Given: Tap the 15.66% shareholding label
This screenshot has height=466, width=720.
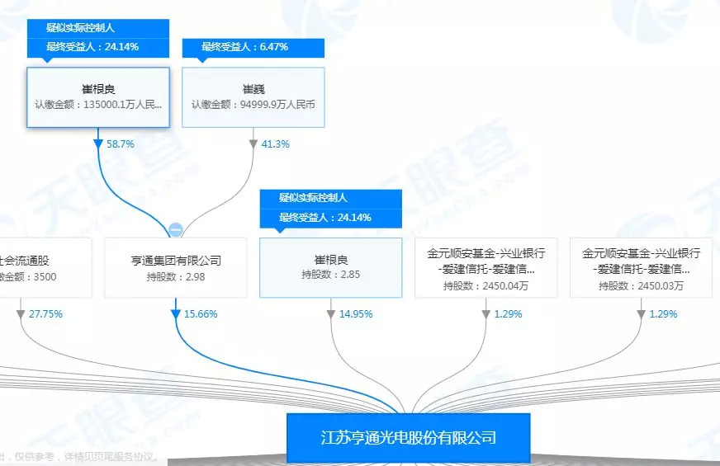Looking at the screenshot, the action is pos(201,314).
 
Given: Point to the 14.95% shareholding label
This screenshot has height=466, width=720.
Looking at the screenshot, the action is pos(356,314).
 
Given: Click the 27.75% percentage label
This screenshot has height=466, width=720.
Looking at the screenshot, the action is pos(45,314).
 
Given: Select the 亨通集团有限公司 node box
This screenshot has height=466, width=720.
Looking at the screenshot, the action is pos(176,268).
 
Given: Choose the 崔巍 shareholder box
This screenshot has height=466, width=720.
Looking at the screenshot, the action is pos(253,97).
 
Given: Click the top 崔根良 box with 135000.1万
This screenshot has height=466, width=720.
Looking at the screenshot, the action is pos(98,97).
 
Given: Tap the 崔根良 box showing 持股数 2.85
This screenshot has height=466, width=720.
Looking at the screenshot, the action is pos(331,268).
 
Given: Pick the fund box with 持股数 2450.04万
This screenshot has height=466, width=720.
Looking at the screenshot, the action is pos(486,268).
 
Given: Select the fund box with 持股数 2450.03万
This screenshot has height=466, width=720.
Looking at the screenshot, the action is pos(641,268).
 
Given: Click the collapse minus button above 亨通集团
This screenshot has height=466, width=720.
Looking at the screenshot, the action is pos(176,229).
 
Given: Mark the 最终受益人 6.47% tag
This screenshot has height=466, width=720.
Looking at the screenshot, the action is pos(253,47).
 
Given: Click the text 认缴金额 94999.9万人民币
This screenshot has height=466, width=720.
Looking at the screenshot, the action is pos(253,105).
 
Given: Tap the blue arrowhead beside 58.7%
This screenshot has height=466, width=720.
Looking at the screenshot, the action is pos(99,144).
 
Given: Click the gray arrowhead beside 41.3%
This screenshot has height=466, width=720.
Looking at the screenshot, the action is pos(253,144).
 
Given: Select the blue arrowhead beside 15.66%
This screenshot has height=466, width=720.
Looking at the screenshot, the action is pos(176,314).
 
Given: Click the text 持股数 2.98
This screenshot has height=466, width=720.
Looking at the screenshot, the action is pos(176,277).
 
